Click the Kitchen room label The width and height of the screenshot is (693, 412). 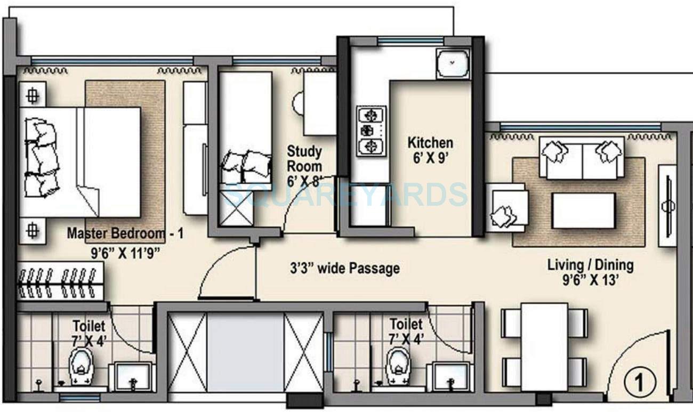click(x=430, y=143)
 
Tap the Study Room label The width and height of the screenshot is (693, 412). click(x=304, y=159)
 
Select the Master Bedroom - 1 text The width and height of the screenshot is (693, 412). click(x=125, y=233)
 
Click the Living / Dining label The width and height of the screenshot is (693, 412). click(x=591, y=265)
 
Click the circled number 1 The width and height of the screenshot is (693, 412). click(x=637, y=382)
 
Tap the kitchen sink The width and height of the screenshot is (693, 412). click(x=453, y=63)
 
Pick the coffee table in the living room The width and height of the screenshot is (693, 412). click(x=583, y=211)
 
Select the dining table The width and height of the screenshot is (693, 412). click(x=544, y=346)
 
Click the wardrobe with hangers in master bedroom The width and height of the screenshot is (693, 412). click(x=61, y=282)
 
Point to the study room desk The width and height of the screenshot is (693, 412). click(x=319, y=104)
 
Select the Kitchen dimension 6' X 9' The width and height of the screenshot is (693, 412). click(x=430, y=157)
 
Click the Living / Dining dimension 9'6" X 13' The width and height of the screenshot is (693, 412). click(x=591, y=279)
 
